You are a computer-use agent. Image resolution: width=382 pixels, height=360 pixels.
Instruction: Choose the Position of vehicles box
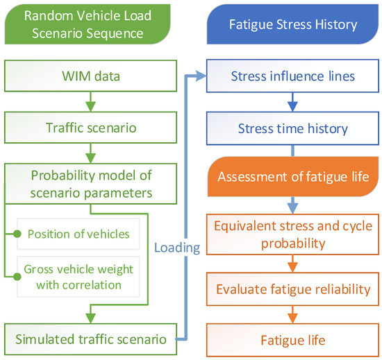78,234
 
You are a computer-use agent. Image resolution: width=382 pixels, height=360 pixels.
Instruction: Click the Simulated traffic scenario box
90,339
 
